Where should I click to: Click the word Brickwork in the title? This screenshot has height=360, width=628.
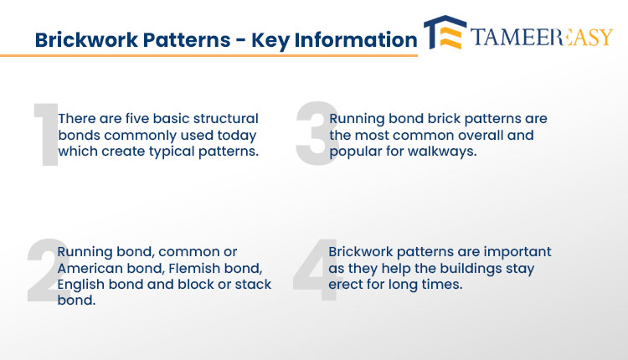(x=87, y=39)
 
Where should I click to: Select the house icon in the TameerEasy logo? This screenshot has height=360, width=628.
(x=445, y=33)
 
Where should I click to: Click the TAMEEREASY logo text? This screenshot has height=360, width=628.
(x=542, y=37)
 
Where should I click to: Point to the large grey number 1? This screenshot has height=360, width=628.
(x=47, y=134)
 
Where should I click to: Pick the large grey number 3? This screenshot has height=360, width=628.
(x=317, y=133)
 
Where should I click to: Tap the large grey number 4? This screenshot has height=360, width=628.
(x=317, y=270)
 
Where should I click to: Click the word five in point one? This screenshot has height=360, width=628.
(x=137, y=119)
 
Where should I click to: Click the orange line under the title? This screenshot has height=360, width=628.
(x=208, y=55)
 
